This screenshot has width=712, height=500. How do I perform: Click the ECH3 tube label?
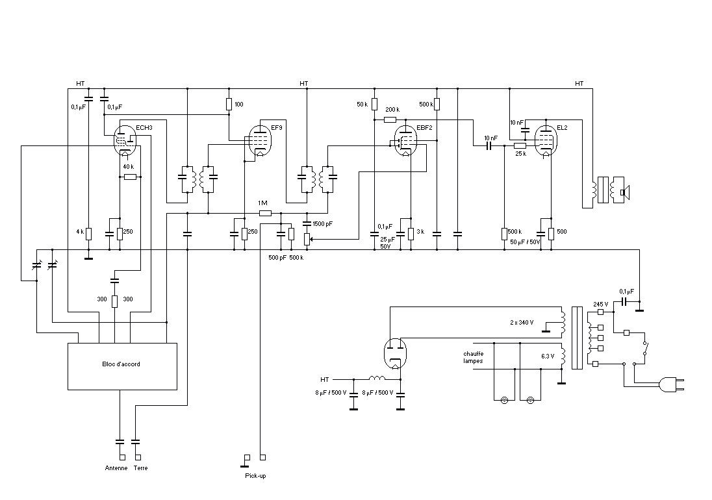[144, 127]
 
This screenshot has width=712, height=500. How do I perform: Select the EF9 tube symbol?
[260, 140]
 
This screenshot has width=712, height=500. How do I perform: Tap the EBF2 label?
[424, 127]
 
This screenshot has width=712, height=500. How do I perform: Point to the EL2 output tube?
[546, 140]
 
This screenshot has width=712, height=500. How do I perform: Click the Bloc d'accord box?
[122, 366]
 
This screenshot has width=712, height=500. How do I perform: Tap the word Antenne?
[116, 468]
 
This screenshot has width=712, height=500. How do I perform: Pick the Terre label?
[141, 468]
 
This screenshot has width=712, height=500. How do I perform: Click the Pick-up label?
[255, 476]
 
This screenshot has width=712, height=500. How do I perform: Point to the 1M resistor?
[265, 213]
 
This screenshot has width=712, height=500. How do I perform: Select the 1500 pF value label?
[323, 223]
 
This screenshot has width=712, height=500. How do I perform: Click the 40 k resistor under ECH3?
[130, 177]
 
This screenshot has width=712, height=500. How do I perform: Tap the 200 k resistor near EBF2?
[390, 119]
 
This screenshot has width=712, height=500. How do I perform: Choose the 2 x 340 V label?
[522, 323]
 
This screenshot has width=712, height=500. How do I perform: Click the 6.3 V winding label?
[548, 356]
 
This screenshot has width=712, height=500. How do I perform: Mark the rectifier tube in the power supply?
[396, 353]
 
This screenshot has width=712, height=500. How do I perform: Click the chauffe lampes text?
[473, 357]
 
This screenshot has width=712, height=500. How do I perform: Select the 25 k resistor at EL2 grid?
[520, 145]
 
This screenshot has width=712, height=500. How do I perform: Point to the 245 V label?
[601, 304]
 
